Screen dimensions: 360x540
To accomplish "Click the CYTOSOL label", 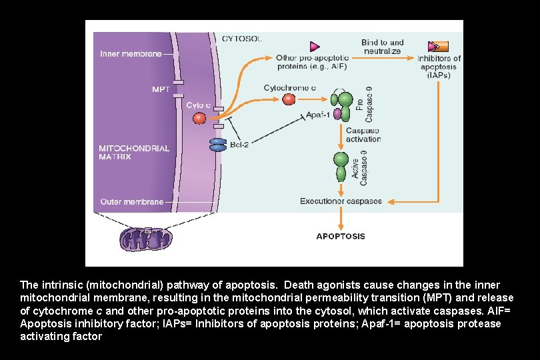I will click(x=241, y=39).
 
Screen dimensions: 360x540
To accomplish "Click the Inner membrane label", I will click(x=131, y=53).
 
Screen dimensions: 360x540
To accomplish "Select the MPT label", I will click(x=161, y=88).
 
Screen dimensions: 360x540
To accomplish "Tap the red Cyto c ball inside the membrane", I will click(x=199, y=118).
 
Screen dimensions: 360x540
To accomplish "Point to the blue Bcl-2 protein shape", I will click(x=219, y=145).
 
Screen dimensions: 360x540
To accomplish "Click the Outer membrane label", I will click(x=131, y=201).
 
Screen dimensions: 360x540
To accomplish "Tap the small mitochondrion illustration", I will click(x=145, y=237).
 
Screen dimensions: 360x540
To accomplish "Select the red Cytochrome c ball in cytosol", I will click(x=289, y=99).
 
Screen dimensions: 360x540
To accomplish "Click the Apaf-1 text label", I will click(x=318, y=115).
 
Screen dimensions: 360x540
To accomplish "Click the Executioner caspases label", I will click(x=341, y=201).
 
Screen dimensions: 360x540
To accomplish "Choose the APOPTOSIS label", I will click(x=340, y=236).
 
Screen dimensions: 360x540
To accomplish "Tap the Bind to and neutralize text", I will click(x=383, y=47).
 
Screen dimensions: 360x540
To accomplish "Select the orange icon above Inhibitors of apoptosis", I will click(x=438, y=47).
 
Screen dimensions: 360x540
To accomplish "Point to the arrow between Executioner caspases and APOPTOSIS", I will click(x=341, y=217).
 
